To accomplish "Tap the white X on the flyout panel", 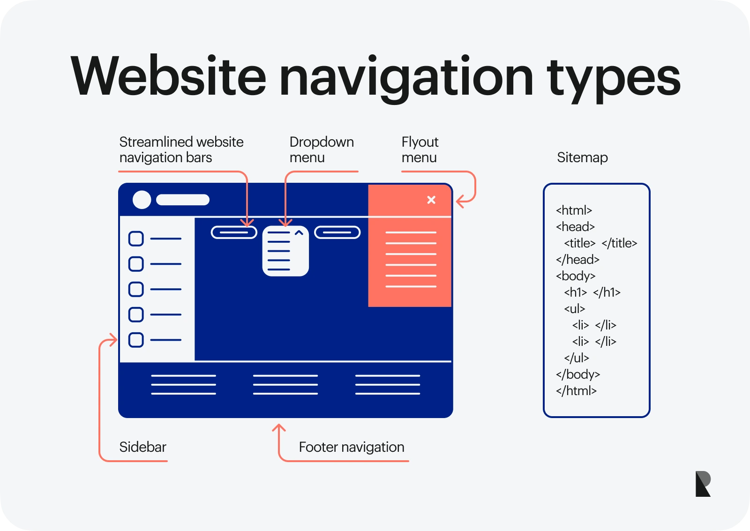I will point(431,200).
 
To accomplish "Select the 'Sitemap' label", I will point(582,157).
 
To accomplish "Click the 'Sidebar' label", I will point(142,447).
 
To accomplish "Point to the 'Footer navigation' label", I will point(351,447).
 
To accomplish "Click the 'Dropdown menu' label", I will point(321,150).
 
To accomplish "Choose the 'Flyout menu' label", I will point(420,150).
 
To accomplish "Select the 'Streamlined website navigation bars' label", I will point(181,150).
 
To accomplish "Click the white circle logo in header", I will point(142,200).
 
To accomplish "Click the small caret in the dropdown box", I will point(299,233).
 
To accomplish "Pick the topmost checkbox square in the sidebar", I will point(136,239).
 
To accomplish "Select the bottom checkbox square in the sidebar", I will point(136,340).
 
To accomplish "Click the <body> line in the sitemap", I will point(576,276).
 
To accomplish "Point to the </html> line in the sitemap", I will point(576,391).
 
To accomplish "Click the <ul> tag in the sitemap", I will point(575,309).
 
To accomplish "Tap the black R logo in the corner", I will point(703,484).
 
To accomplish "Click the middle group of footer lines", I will point(285,385).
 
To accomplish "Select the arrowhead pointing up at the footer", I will point(279,427).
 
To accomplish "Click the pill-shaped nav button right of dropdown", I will point(337,232).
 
